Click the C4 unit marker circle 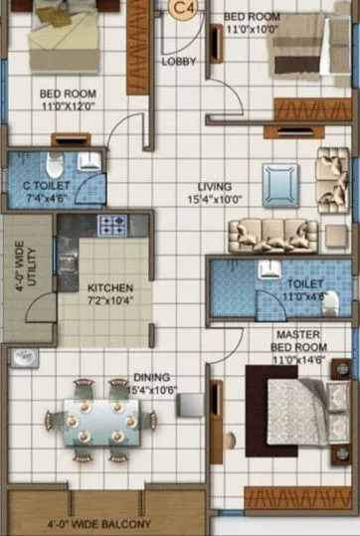click(181, 8)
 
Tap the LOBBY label click(179, 61)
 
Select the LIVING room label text click(215, 186)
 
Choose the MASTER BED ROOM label click(298, 341)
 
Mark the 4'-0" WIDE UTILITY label click(24, 267)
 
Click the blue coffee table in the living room click(280, 184)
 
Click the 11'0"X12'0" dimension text click(69, 106)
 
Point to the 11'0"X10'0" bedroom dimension click(253, 31)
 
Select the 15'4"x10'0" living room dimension click(215, 199)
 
